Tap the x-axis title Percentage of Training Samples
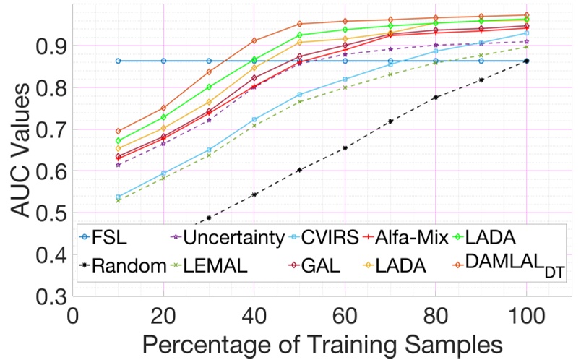pyautogui.click(x=322, y=341)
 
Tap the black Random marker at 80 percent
pyautogui.click(x=436, y=97)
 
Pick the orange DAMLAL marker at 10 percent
pyautogui.click(x=118, y=131)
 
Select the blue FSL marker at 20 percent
pyautogui.click(x=163, y=61)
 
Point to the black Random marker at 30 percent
pyautogui.click(x=209, y=218)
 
